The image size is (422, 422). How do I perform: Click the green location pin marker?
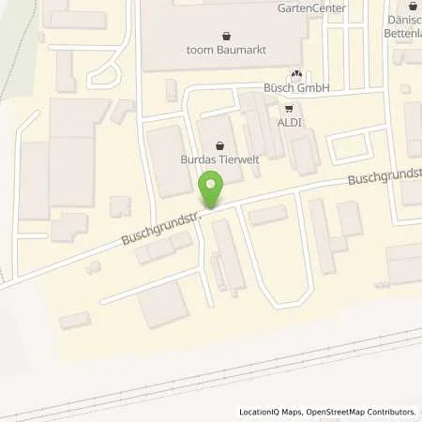(212, 191)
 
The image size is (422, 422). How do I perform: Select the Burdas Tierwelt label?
(219, 159)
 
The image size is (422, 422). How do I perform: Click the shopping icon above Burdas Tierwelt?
(219, 145)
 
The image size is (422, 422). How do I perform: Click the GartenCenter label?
(311, 8)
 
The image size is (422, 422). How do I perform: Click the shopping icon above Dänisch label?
(412, 7)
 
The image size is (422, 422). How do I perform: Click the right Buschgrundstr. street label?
(383, 173)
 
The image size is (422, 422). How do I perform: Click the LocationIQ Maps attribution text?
(273, 412)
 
